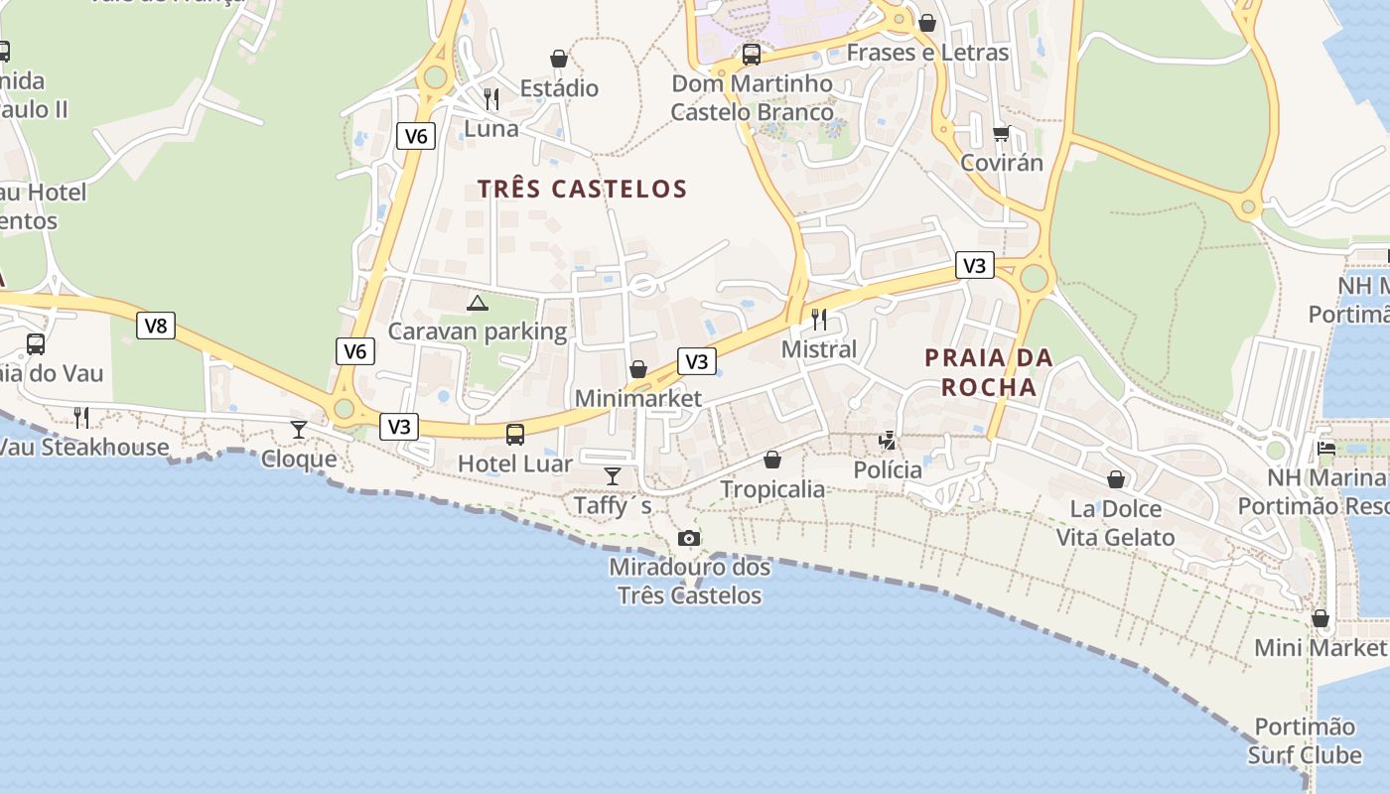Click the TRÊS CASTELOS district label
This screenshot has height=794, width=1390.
[582, 189]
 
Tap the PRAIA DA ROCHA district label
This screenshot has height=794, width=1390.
[989, 372]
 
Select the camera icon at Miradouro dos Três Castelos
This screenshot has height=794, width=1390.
[689, 538]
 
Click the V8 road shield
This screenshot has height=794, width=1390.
[156, 326]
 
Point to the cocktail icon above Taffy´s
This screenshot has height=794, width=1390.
[613, 476]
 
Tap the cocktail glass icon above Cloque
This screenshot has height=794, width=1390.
[299, 430]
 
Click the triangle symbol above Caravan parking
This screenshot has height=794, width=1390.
[478, 303]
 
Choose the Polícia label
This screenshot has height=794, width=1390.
[888, 469]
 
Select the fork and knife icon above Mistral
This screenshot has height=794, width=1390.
[819, 320]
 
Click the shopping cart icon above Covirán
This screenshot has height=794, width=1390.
[1001, 133]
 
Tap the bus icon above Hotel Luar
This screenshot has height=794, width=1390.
[514, 434]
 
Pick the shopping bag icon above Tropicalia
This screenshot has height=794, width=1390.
[772, 460]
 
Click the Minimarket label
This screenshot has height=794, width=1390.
[638, 399]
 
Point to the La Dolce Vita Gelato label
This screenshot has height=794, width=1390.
[1115, 523]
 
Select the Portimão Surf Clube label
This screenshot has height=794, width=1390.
[1305, 740]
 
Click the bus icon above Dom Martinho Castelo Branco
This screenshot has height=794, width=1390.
[752, 54]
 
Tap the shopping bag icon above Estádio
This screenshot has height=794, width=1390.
[559, 59]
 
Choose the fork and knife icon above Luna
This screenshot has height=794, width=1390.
[491, 99]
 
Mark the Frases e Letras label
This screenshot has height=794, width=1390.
[927, 53]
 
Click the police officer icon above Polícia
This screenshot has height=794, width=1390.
[888, 440]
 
